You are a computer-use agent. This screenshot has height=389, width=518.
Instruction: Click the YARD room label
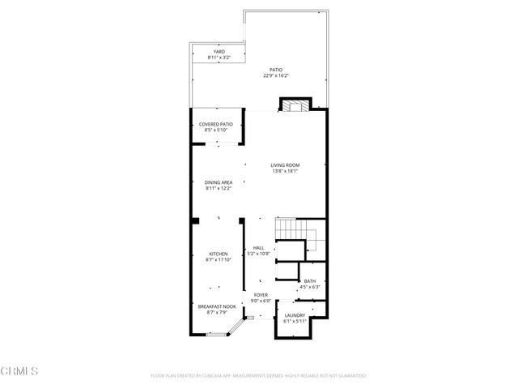[219, 52]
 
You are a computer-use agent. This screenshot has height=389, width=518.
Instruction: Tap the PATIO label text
[276, 71]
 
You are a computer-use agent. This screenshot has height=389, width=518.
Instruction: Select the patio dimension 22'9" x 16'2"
[276, 76]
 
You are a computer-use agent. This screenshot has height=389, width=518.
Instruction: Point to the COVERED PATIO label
[216, 124]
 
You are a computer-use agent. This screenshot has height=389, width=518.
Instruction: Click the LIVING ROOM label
[285, 165]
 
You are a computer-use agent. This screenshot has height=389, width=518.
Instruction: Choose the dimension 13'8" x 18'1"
[285, 171]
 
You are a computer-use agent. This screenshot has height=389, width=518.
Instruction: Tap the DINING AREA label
[219, 182]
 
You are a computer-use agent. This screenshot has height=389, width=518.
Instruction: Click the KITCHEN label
[219, 254]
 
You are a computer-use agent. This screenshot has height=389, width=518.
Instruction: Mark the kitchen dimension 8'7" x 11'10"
[219, 259]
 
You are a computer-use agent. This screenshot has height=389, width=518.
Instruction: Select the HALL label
[259, 248]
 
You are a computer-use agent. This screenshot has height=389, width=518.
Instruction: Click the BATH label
[310, 281]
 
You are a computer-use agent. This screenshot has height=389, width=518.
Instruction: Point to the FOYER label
[261, 295]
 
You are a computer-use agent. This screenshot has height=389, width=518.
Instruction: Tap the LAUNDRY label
[295, 315]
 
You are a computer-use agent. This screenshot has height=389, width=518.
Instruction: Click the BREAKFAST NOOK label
[217, 306]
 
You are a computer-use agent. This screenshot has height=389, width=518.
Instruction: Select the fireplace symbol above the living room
[294, 105]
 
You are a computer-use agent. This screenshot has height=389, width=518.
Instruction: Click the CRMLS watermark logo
[19, 371]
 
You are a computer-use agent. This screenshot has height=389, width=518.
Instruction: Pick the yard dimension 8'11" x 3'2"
[219, 58]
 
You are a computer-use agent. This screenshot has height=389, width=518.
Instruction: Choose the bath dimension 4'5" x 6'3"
[310, 287]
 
